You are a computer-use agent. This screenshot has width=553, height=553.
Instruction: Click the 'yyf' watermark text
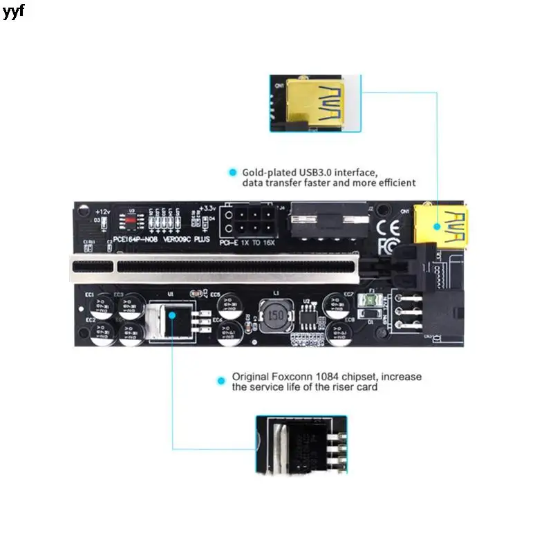(x=13, y=12)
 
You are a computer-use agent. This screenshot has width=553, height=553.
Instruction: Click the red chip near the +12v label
(x=130, y=220)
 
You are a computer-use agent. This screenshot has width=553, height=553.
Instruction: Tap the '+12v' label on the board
(x=102, y=210)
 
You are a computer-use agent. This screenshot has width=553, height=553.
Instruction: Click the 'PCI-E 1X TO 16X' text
(x=245, y=243)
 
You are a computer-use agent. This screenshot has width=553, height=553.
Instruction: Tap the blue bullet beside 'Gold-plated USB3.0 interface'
(x=230, y=171)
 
